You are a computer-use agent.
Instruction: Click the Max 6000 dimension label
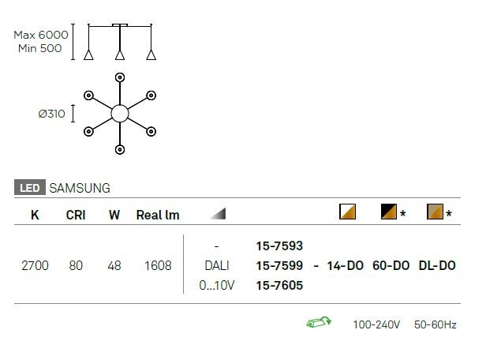41,35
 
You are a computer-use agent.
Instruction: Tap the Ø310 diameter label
51,114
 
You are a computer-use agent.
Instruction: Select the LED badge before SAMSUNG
29,189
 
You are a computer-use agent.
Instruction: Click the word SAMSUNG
80,189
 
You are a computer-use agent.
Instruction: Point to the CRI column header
76,215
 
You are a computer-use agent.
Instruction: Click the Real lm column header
158,215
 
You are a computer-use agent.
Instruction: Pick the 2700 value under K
35,266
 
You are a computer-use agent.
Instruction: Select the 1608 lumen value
158,266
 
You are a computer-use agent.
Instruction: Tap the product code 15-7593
279,246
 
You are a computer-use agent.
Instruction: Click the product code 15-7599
279,266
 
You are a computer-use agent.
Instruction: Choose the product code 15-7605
279,286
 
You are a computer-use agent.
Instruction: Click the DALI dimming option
217,266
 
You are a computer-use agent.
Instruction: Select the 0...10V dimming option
217,286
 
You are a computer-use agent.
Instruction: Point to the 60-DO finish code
391,266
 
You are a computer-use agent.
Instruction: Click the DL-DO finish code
437,266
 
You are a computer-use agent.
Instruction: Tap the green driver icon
318,323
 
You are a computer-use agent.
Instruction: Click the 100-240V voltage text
377,324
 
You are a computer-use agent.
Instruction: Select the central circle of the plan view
120,113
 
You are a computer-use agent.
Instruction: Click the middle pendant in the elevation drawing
120,54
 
